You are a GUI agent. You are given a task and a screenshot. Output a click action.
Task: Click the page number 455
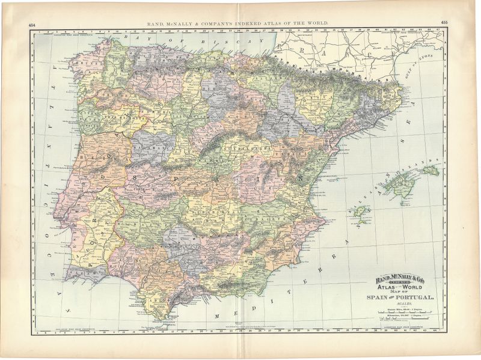pyautogui.click(x=444, y=22)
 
